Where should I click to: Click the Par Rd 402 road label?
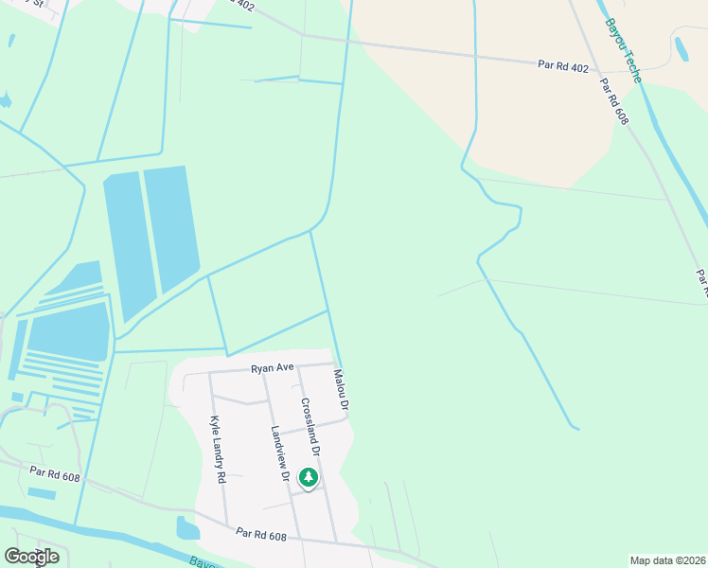click(x=564, y=65)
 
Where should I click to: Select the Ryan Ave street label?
click(x=273, y=368)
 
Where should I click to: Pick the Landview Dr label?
click(x=279, y=453)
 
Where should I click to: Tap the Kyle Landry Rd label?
click(x=217, y=450)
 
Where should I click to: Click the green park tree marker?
click(x=308, y=478)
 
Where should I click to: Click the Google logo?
click(x=32, y=557)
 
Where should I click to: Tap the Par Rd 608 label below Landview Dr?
click(x=262, y=535)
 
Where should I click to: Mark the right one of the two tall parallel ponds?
click(x=171, y=227)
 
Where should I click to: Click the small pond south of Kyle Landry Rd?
click(x=187, y=527)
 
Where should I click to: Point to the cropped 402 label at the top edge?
click(x=241, y=5)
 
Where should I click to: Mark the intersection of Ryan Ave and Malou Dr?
click(x=335, y=364)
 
